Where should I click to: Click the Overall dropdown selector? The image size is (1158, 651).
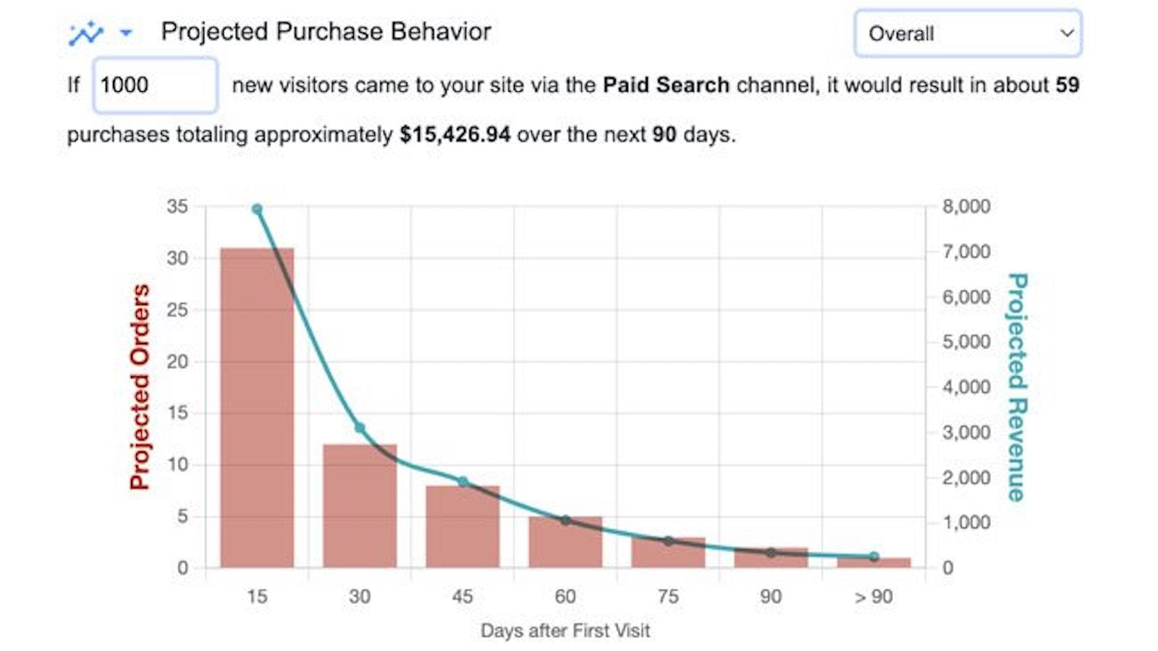tap(967, 33)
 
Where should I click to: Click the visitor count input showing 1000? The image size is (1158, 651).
tap(155, 85)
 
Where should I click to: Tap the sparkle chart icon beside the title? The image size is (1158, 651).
tap(86, 33)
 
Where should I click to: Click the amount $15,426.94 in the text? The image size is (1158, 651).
tap(455, 135)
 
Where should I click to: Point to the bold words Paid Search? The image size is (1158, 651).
tap(666, 85)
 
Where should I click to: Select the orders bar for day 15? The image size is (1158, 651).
tap(257, 409)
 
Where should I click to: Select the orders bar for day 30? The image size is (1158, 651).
tap(360, 506)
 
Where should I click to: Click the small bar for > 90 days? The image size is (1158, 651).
tap(874, 562)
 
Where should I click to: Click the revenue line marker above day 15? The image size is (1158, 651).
tap(257, 209)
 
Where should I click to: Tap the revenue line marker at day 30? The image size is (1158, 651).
tap(360, 428)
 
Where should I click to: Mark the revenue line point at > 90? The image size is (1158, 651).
tap(874, 557)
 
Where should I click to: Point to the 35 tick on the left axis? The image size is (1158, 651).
tap(177, 206)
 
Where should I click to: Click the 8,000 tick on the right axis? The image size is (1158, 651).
tap(965, 206)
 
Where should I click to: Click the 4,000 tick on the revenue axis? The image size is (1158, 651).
tap(965, 387)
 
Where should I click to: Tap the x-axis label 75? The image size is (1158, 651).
tap(668, 597)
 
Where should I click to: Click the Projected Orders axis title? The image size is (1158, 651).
tap(140, 387)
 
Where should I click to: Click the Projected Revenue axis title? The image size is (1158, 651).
tap(1016, 387)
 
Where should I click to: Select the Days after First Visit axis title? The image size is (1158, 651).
tap(565, 631)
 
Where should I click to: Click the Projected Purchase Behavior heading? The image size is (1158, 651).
tap(326, 32)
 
